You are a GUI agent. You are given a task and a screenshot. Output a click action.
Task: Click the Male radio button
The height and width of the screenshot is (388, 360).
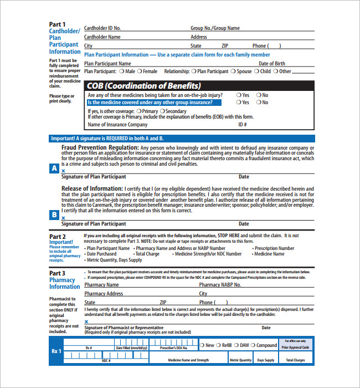pos(122,72)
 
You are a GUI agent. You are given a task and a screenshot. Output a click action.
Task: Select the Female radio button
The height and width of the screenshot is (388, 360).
pos(140,72)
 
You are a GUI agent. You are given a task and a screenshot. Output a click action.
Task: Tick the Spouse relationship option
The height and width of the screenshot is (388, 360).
pos(233,72)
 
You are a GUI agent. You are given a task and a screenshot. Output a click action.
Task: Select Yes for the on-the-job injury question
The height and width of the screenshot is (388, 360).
pos(239,95)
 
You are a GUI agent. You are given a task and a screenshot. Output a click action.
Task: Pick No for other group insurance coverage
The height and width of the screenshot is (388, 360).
pos(259,103)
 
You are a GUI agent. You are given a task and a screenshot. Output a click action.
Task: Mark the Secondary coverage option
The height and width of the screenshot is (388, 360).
pos(162,111)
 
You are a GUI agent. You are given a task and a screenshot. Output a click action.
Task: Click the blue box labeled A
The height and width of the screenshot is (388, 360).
pos(54,169)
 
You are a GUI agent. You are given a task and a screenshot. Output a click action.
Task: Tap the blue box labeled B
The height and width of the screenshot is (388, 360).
pos(54,215)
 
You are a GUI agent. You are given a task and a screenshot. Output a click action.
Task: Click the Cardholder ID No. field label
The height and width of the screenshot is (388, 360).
pos(102,28)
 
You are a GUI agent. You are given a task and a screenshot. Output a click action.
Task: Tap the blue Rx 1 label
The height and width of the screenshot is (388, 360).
pos(56,351)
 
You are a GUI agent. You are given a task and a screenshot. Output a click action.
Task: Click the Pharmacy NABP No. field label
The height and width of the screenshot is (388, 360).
pos(220,285)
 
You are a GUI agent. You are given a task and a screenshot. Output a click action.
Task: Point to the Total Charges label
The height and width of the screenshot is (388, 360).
pos(295,360)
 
